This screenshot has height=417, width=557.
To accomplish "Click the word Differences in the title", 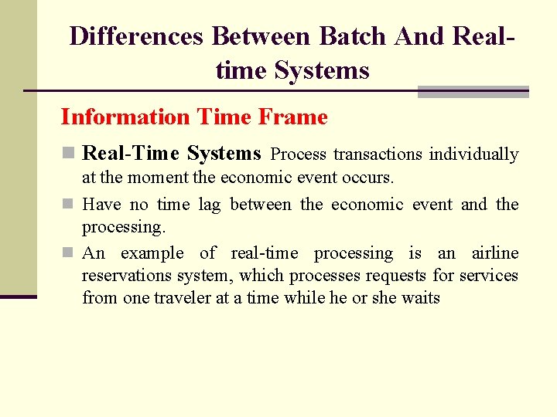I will [x=137, y=36].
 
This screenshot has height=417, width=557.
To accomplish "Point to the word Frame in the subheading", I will [x=293, y=117].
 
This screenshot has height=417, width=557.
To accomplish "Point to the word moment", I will [x=159, y=178].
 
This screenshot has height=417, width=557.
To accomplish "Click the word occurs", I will [x=368, y=178].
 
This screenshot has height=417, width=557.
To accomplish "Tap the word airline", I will [x=494, y=253].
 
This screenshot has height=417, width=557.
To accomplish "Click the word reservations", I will [x=128, y=276].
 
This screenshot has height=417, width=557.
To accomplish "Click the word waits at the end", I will [x=419, y=298].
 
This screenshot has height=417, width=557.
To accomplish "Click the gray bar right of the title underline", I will [x=473, y=92].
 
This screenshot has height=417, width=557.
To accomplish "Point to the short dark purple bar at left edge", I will [x=18, y=296].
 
